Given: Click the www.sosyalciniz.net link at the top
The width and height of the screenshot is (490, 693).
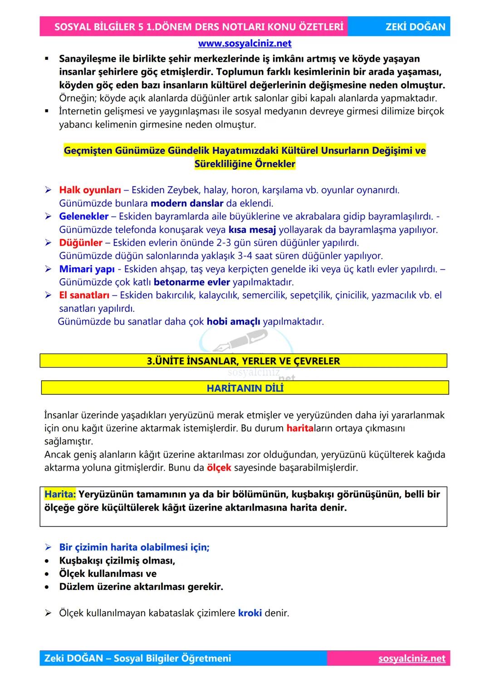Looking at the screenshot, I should [245, 44].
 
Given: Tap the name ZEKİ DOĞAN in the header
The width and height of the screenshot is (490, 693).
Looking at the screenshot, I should [415, 27].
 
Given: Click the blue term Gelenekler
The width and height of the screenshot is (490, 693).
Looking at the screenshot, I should [83, 216].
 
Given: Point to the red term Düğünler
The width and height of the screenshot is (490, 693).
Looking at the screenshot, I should [80, 243].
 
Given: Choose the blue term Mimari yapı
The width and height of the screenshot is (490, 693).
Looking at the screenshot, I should [87, 269].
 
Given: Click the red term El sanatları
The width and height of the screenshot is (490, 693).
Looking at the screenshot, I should [84, 295].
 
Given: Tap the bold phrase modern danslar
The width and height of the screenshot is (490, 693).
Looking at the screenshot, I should [186, 203].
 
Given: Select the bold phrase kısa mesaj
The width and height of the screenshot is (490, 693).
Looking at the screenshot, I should [252, 230].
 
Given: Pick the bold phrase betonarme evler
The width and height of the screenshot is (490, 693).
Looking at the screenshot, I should [191, 282].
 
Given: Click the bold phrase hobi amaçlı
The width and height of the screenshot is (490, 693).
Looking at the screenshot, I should [233, 322].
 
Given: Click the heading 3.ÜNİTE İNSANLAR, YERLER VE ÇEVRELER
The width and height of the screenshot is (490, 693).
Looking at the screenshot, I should [243, 361].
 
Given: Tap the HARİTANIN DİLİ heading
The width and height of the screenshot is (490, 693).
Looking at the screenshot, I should [245, 388].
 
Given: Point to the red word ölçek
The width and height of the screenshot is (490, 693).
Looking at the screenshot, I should [219, 467].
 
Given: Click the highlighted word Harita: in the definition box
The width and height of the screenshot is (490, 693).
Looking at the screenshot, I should [60, 494].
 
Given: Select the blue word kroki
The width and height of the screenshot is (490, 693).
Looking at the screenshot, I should [250, 613].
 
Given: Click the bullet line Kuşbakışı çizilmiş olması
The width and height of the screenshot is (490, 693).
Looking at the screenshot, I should [117, 560].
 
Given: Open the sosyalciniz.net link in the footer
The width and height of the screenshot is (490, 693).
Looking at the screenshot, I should [412, 659].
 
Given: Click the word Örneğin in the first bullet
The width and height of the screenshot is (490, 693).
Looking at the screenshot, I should [78, 98].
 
